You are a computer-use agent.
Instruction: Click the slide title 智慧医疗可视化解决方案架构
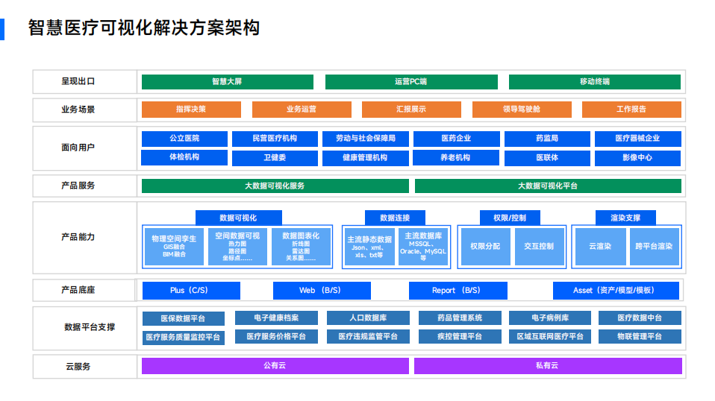coord(143,28)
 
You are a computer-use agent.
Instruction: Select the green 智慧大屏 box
coord(227,81)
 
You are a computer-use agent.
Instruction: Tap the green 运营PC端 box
coord(410,81)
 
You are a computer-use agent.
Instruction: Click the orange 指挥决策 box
coord(191,110)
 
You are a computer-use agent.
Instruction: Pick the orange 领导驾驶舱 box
coord(521,110)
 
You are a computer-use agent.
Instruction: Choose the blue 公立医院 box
coord(184,139)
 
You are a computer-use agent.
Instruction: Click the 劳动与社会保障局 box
coord(366,139)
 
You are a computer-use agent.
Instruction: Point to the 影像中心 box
coord(637,158)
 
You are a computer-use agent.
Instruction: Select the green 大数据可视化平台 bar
coord(548,186)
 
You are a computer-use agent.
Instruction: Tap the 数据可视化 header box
coord(238,218)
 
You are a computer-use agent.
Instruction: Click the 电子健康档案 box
coord(276,318)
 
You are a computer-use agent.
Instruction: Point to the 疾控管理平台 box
coord(460,337)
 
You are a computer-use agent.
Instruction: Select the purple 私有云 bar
coord(547,366)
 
